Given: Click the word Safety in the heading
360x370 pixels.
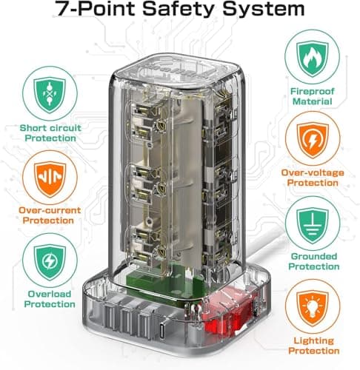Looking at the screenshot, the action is tap(179, 9).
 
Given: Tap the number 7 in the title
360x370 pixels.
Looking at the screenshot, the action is tap(62, 8).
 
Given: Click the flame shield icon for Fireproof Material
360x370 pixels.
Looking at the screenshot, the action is tap(313, 59).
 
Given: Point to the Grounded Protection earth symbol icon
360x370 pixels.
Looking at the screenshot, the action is tap(313, 225).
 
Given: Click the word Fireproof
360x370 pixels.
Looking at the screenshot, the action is tap(312, 91).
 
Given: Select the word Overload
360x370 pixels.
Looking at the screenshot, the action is tap(50, 294).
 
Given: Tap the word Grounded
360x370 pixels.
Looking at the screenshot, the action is tap(314, 256).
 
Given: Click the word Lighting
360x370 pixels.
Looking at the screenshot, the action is tap(313, 341).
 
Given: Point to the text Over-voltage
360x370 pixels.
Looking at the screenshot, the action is tap(313, 172).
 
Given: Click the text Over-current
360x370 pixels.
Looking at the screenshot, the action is tap(50, 210).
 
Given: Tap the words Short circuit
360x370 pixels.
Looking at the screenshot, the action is tap(50, 128).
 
